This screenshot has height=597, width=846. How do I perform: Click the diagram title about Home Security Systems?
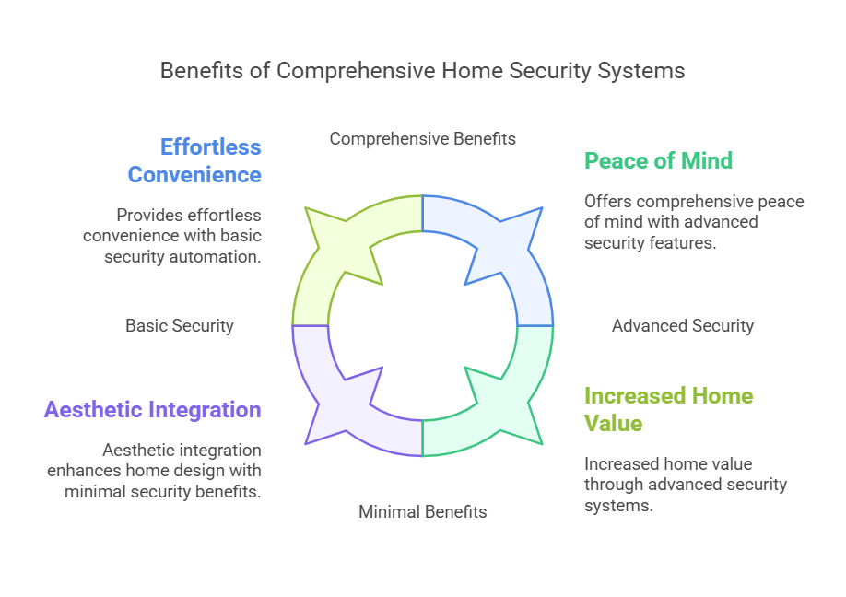422,71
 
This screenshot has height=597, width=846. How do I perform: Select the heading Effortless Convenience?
194,160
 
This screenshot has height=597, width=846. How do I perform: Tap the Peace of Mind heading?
658,160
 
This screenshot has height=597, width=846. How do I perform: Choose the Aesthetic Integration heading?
153,410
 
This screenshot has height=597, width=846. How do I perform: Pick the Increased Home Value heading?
668,409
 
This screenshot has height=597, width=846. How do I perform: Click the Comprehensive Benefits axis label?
422,138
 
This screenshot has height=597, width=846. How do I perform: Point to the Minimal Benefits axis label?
422,512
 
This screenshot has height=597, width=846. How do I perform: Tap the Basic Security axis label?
180,326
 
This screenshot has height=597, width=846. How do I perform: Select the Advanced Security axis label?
683,326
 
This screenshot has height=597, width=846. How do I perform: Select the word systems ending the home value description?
618,506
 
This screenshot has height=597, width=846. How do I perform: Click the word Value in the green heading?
614,424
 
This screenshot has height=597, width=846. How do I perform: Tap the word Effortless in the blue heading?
211,147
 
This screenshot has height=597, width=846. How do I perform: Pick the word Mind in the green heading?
707,160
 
